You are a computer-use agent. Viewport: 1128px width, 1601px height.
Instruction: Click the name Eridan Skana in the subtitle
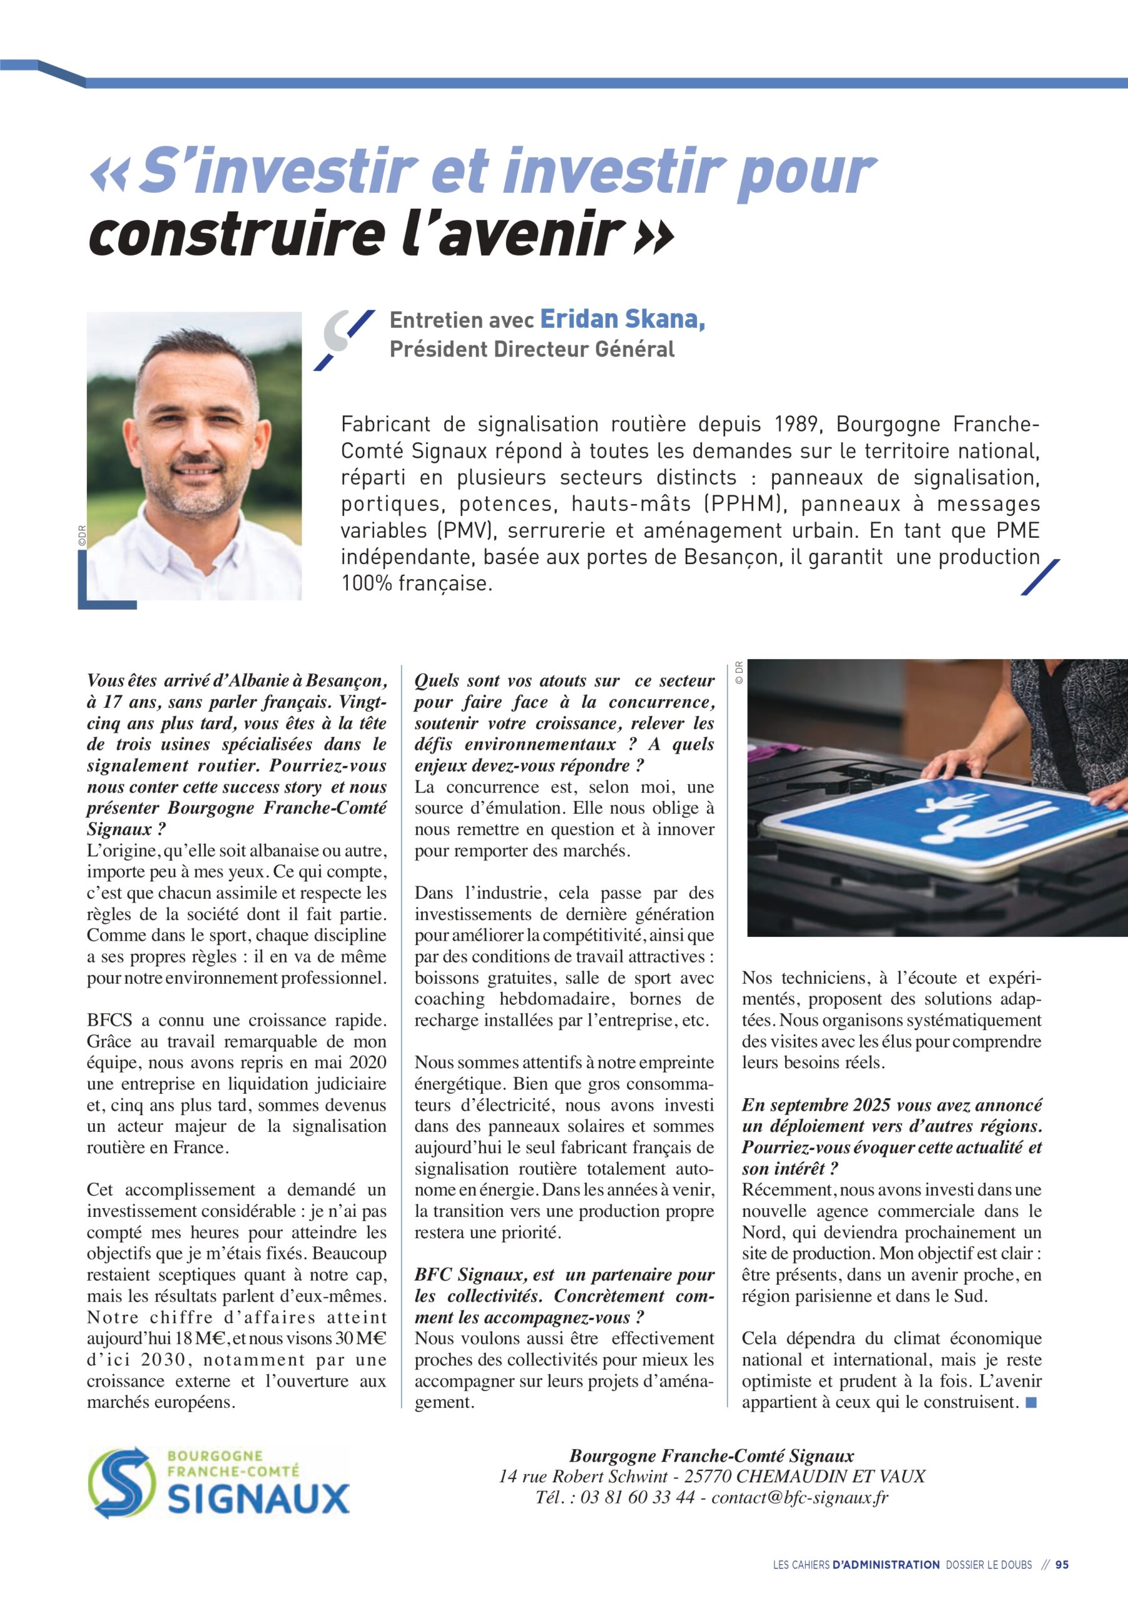click(x=622, y=319)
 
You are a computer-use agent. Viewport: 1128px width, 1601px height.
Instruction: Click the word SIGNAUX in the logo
click(x=259, y=1500)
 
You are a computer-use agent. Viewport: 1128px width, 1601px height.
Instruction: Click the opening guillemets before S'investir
click(x=109, y=174)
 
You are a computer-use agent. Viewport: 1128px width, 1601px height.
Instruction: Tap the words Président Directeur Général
click(x=532, y=348)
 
